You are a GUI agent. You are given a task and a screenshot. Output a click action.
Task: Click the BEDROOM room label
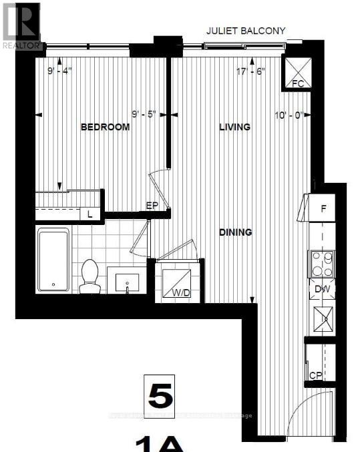click(x=105, y=127)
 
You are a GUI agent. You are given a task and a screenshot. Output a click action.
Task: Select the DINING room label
click(x=236, y=232)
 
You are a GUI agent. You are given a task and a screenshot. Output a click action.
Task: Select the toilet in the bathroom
click(x=89, y=276)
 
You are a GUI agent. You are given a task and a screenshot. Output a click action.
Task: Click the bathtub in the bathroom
click(x=53, y=259)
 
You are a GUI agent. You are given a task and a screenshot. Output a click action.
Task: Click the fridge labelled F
click(x=323, y=208)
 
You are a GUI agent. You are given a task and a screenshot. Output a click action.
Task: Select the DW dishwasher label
click(x=323, y=288)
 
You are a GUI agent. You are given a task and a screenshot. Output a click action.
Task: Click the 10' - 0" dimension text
click(x=289, y=114)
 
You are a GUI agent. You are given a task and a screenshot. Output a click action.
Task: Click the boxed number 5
click(x=160, y=396)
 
